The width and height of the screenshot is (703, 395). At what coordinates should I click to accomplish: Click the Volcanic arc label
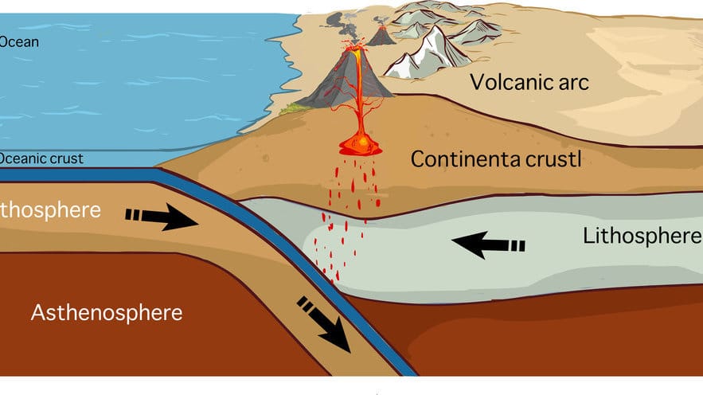coord(529,81)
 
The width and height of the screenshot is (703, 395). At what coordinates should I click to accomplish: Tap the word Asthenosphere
coord(107,312)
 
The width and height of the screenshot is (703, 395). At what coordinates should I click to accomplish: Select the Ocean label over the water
coord(19,42)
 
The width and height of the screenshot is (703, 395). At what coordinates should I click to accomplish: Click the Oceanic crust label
coord(41,158)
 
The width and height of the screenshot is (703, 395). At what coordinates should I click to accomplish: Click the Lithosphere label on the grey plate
coord(642,236)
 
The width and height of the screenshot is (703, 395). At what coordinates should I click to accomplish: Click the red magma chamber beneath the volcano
coord(361,146)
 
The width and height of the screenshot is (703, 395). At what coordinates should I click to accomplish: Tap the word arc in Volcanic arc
coord(572,81)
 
